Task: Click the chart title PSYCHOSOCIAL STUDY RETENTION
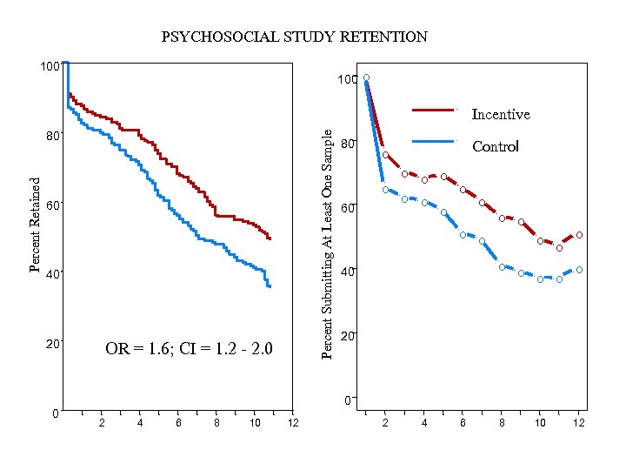(295, 37)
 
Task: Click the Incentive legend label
(500, 114)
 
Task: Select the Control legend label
(495, 146)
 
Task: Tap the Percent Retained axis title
(36, 224)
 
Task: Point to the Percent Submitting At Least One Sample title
(328, 243)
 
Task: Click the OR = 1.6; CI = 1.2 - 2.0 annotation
(189, 350)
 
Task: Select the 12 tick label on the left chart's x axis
(293, 423)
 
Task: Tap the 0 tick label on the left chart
(56, 412)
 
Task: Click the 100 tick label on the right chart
(346, 80)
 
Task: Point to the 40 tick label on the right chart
(348, 272)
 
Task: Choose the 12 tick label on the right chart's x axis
(579, 423)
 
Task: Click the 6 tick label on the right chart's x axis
(463, 423)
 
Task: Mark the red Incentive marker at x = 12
(579, 235)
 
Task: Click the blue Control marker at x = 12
(579, 270)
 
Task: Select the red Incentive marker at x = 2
(385, 155)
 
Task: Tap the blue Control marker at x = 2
(385, 190)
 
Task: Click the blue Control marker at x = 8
(502, 266)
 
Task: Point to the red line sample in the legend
(433, 111)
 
